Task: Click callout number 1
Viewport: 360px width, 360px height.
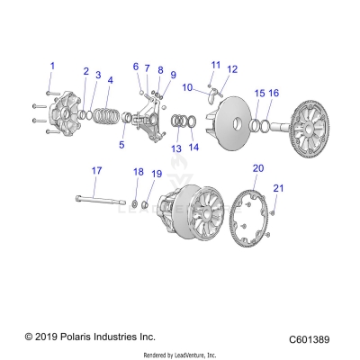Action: [x=52, y=66]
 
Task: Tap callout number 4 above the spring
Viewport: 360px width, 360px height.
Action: [x=109, y=80]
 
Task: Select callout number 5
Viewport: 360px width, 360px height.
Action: [x=121, y=144]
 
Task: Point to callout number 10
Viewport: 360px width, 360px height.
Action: [x=187, y=87]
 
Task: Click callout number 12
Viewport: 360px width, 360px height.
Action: [x=232, y=69]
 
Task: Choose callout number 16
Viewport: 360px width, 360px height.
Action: [x=274, y=93]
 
